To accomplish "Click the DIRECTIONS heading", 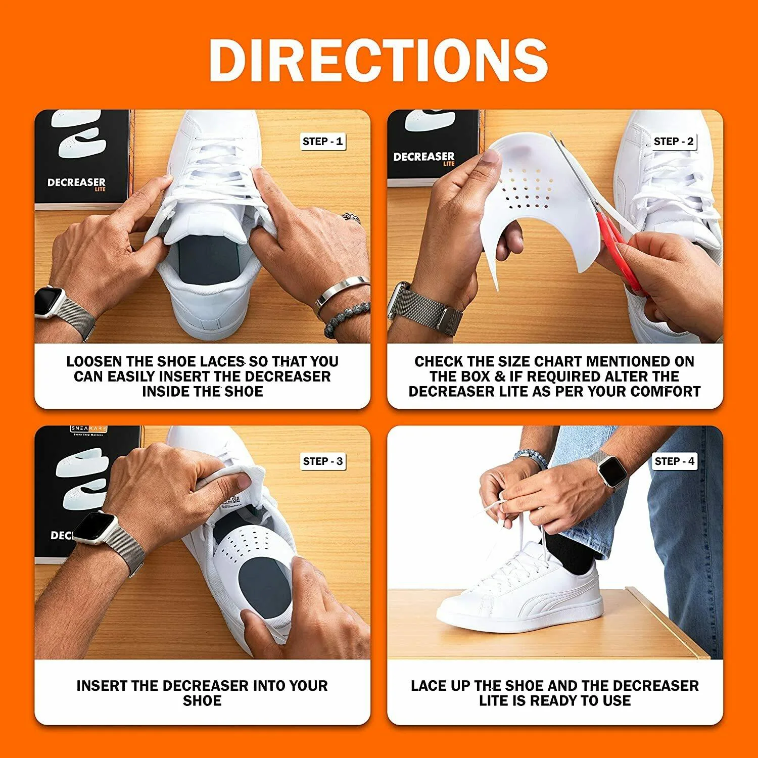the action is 378,59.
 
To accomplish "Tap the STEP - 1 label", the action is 322,141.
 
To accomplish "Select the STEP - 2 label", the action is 674,141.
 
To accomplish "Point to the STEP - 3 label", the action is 323,461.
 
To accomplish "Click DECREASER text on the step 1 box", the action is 76,182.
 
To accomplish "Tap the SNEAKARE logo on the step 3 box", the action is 88,429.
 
